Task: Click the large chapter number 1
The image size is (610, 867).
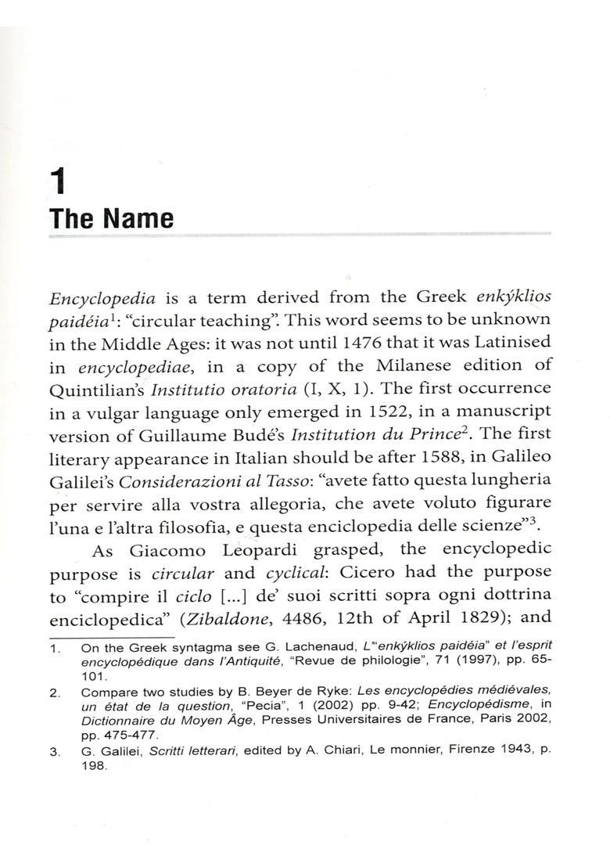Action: [x=58, y=182]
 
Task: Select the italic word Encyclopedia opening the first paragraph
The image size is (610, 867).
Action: [x=102, y=298]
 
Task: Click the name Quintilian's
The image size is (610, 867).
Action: [x=95, y=389]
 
